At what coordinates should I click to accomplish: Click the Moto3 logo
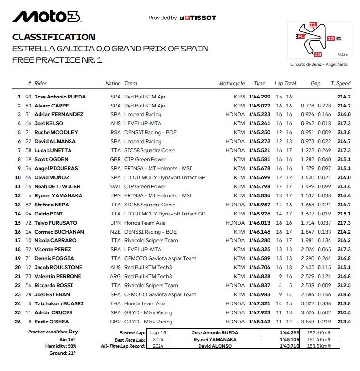[47, 17]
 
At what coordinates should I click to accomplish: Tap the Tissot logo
[198, 18]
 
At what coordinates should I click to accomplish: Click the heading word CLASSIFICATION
[54, 37]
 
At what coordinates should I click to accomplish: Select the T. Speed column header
[340, 83]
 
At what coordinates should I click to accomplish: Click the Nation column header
[113, 83]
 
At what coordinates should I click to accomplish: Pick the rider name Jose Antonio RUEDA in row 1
[60, 97]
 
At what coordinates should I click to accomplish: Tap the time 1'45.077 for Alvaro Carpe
[260, 106]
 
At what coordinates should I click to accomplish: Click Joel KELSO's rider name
[50, 124]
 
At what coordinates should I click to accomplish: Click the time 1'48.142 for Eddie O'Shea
[260, 322]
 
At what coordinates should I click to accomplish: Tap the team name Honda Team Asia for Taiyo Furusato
[145, 223]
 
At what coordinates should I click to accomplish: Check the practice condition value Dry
[73, 332]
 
